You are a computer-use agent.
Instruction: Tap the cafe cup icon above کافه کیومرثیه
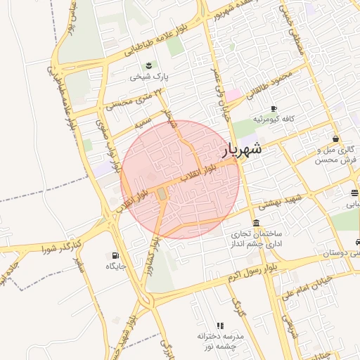pos(274,108)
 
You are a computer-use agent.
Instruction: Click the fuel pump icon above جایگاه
pos(115,255)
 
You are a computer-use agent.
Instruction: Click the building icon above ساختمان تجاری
pos(254,222)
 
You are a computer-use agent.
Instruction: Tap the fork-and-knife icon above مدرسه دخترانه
pos(219,326)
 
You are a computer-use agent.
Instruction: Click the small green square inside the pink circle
pos(162,193)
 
